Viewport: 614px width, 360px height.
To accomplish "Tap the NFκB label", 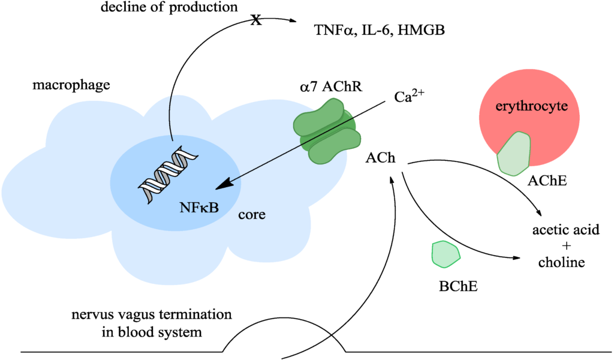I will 198,208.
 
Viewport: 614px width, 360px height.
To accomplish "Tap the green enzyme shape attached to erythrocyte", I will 514,154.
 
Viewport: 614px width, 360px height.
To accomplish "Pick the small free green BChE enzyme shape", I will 446,253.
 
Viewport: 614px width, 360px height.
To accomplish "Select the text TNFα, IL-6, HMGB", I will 379,32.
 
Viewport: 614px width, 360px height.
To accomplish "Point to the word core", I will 252,214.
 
